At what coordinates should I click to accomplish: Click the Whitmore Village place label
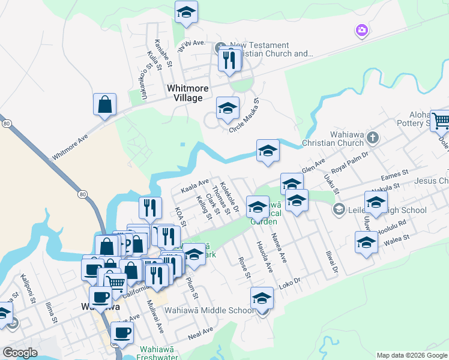coord(187,93)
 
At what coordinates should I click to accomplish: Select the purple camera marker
coord(361,29)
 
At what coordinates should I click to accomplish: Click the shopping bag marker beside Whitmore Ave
coord(104,104)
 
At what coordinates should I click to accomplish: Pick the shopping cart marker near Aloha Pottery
coord(440,121)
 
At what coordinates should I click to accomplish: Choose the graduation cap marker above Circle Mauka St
coord(227,109)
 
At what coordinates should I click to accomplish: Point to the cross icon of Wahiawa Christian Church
coord(372,137)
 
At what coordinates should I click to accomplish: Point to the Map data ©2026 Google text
coord(412,355)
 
